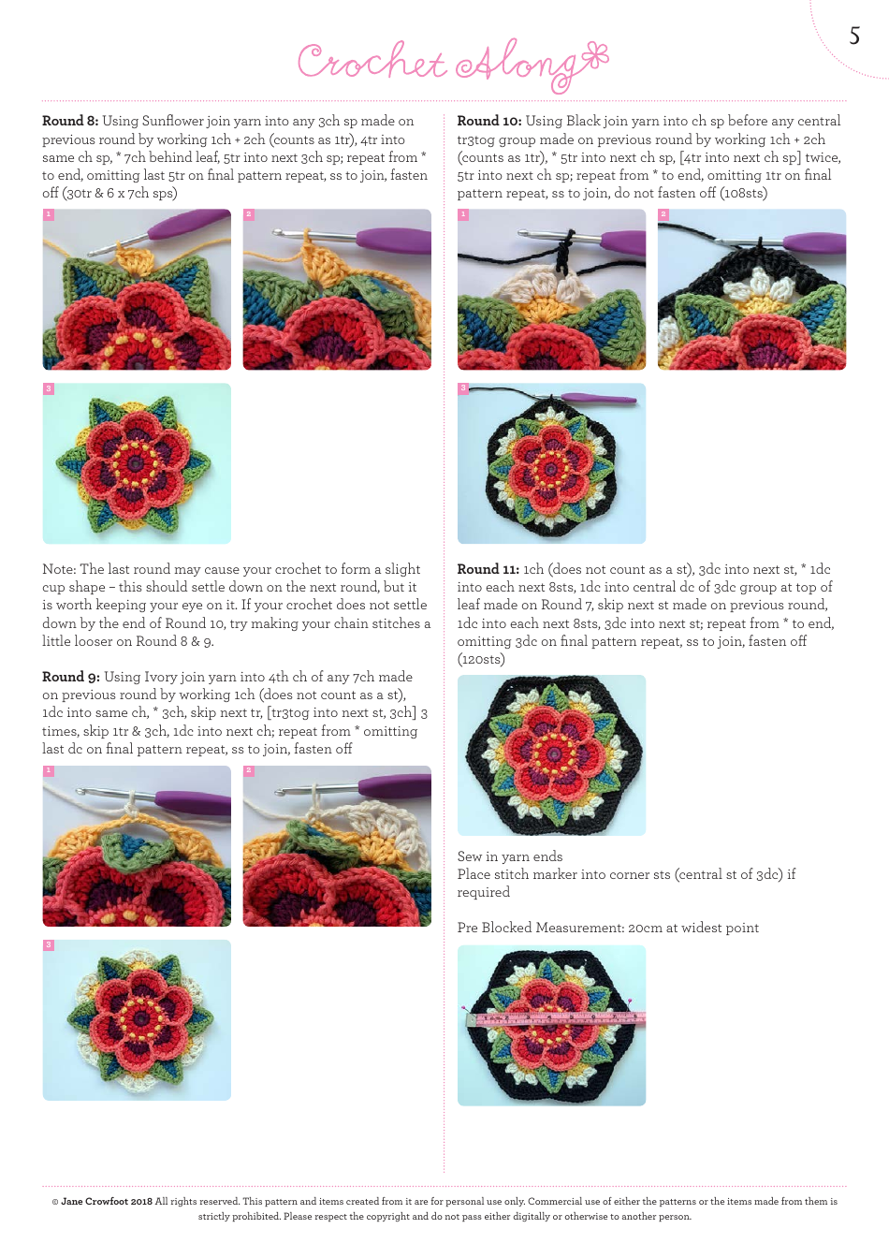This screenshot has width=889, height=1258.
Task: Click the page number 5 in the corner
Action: click(x=853, y=37)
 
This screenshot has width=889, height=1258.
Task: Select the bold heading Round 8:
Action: click(x=70, y=122)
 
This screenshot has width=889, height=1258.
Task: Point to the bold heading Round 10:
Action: click(x=489, y=122)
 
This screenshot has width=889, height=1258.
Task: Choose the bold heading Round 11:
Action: click(x=488, y=570)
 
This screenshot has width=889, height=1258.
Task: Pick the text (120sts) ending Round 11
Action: click(x=481, y=660)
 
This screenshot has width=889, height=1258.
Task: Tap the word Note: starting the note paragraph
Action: click(x=59, y=570)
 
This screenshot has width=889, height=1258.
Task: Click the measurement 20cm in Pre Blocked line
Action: click(x=646, y=929)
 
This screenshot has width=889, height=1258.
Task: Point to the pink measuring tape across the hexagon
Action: click(x=556, y=1018)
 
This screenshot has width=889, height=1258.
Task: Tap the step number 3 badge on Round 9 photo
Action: click(x=49, y=945)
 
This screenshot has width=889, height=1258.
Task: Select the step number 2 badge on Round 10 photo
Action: click(x=663, y=215)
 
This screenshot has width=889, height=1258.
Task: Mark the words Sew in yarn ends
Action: click(x=510, y=857)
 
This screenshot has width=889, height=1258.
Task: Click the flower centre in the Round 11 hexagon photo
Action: click(x=552, y=753)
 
